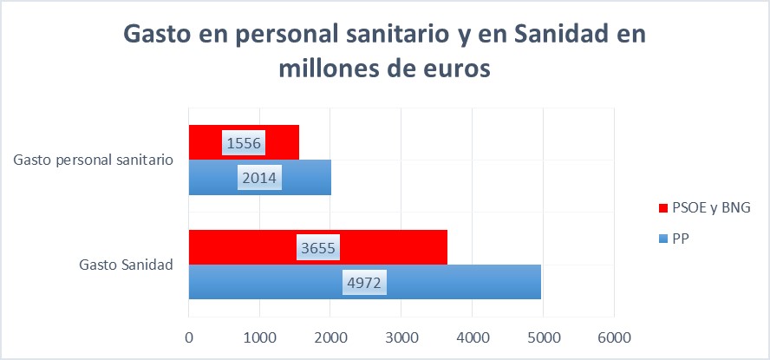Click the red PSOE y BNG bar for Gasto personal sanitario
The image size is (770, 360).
tap(277, 142)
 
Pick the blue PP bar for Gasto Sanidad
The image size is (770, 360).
tap(451, 282)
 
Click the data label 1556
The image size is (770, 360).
tap(244, 143)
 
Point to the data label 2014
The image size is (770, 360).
tap(259, 179)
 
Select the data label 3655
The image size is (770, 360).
tap(316, 248)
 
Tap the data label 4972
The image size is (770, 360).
tap(364, 283)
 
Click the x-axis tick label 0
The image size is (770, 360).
tap(188, 335)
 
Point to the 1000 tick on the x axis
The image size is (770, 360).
tap(259, 335)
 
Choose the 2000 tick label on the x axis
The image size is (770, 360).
tap(330, 335)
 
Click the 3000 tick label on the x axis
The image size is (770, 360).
tap(401, 335)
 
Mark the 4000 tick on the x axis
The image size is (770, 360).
tap(472, 335)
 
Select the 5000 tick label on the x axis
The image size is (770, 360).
tap(543, 335)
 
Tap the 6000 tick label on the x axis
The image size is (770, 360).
tap(614, 335)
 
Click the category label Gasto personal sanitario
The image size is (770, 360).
tap(94, 160)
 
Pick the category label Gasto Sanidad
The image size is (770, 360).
tap(124, 265)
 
